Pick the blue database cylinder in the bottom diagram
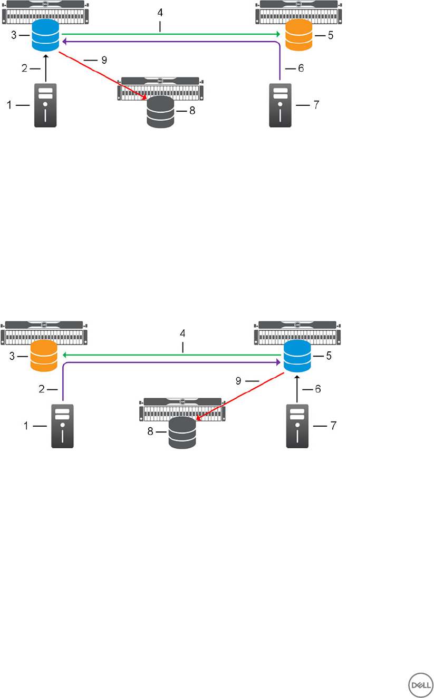click(x=297, y=356)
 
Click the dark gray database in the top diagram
click(x=160, y=112)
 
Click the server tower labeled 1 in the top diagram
click(x=46, y=105)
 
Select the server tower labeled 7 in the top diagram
click(x=281, y=105)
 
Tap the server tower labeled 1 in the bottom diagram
click(x=62, y=426)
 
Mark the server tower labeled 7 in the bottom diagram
click(x=297, y=426)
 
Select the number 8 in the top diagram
click(x=191, y=112)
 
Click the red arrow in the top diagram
click(x=103, y=74)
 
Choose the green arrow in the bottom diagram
click(x=169, y=355)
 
